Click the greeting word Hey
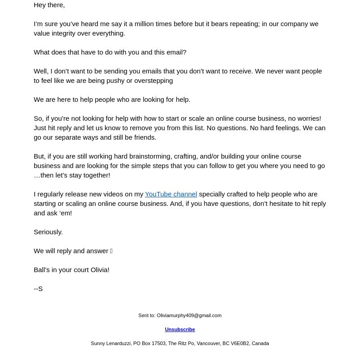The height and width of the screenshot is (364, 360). tap(40, 5)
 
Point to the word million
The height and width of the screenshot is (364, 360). tap(143, 24)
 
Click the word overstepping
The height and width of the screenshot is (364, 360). tap(152, 81)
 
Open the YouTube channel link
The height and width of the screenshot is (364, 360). tap(171, 194)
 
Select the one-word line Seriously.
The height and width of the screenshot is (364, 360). tap(48, 232)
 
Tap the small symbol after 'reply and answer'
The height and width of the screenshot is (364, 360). tap(111, 251)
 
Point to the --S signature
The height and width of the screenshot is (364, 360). tap(38, 289)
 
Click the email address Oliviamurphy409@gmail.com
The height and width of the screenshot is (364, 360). tap(189, 316)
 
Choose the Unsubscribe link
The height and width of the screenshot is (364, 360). tap(180, 330)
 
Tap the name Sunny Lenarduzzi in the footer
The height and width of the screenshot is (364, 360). tap(111, 344)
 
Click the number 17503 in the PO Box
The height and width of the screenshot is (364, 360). tap(158, 344)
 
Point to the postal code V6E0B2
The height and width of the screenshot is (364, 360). tap(240, 344)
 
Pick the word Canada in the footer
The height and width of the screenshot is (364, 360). tap(260, 344)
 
